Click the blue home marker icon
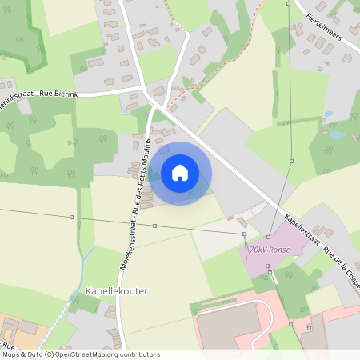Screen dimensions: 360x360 (x=180, y=173)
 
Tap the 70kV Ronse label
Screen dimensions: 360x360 (x=269, y=250)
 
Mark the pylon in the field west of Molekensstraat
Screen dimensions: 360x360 (x=71, y=217)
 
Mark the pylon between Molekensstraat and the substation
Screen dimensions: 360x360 (x=155, y=226)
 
